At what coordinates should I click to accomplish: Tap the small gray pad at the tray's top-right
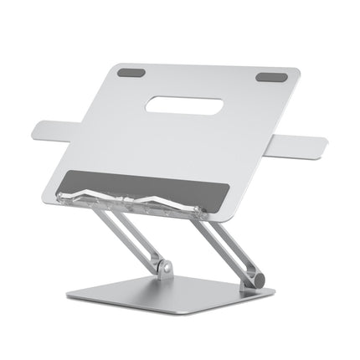point(270,78)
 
